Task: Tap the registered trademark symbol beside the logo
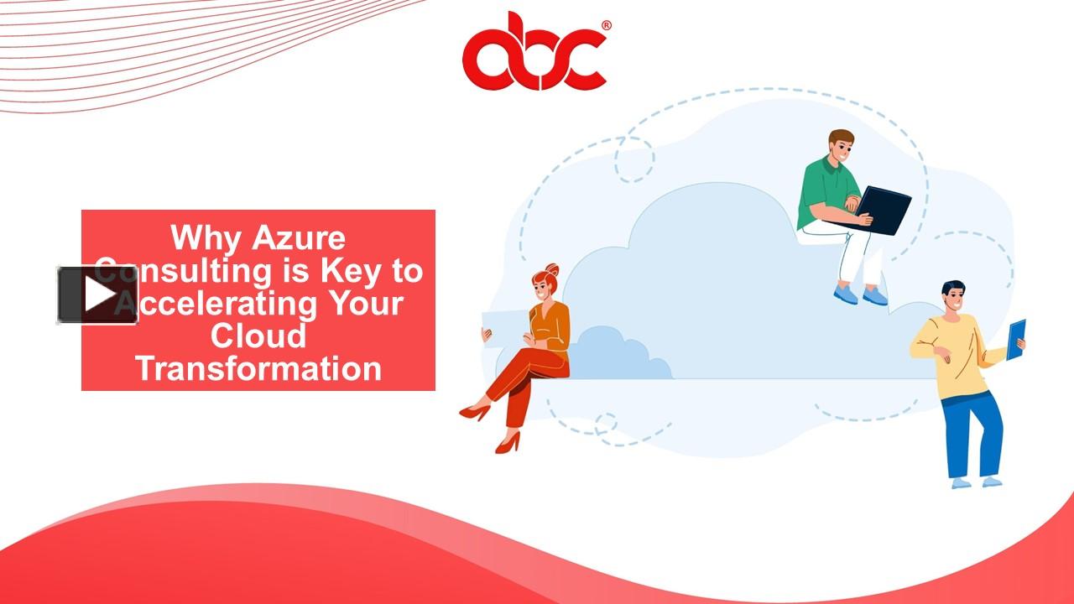(x=606, y=26)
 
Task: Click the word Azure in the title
(x=298, y=238)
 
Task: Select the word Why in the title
(x=206, y=238)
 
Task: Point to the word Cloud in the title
(x=258, y=336)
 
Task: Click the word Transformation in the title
(x=258, y=369)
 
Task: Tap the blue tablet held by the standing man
(x=1015, y=339)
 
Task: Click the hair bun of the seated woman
(x=551, y=270)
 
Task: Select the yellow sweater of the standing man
(x=957, y=352)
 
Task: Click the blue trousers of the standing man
(x=973, y=436)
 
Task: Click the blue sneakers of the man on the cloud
(x=859, y=294)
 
